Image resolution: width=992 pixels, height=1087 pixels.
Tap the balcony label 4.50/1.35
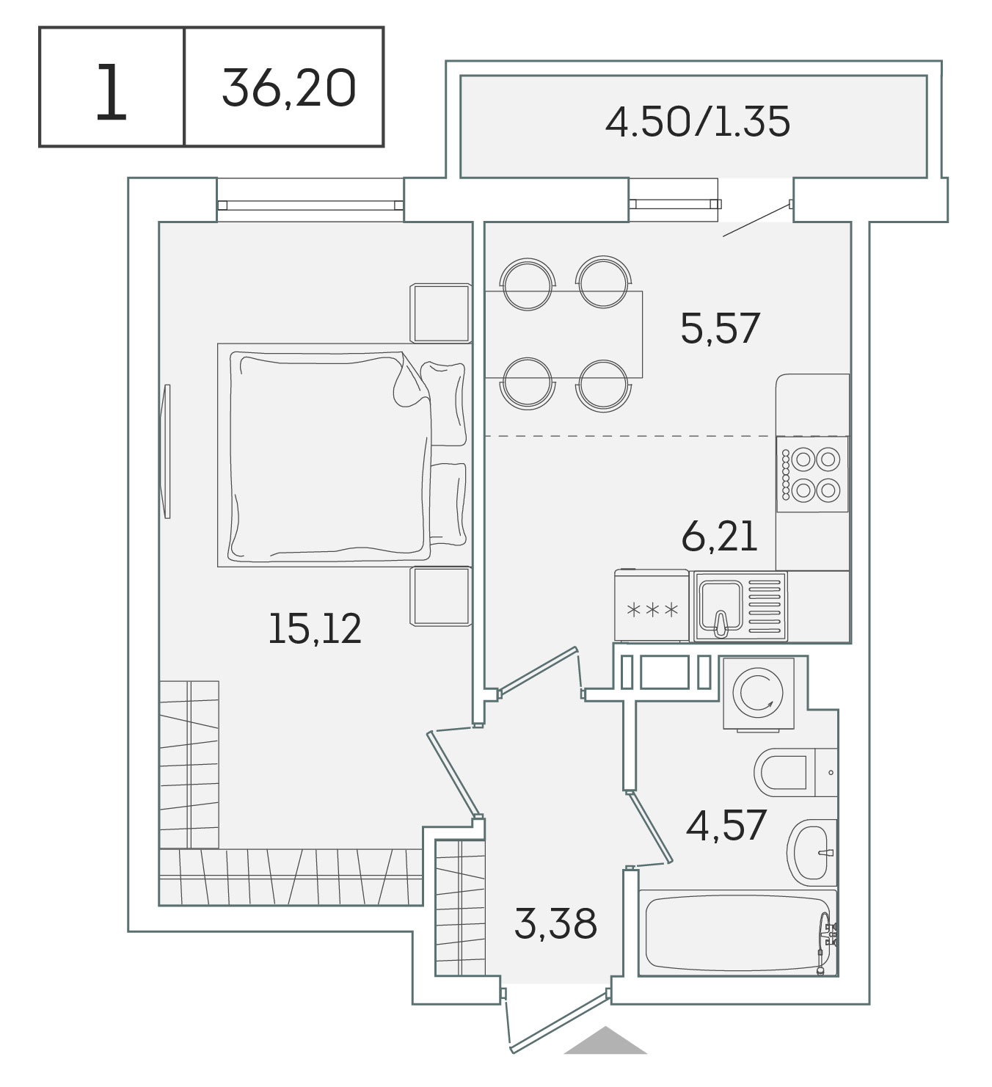(x=698, y=122)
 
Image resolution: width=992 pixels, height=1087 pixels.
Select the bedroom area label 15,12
(x=315, y=628)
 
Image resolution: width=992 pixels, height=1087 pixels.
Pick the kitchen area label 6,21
(x=719, y=537)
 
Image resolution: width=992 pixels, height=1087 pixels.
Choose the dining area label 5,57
(x=720, y=328)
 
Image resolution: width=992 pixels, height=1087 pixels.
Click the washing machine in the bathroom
(x=759, y=693)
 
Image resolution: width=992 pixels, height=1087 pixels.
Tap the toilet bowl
(x=795, y=772)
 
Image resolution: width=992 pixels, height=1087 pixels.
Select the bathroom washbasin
(x=812, y=852)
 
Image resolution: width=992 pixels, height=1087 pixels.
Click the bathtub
(x=738, y=933)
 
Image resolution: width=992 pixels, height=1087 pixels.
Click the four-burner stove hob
(x=812, y=474)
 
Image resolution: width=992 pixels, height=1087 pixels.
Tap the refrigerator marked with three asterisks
(x=652, y=606)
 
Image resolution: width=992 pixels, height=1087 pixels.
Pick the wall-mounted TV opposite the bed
(x=167, y=451)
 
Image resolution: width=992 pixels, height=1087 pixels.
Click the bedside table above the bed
(x=440, y=313)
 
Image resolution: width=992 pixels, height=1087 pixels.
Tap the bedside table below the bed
(x=440, y=596)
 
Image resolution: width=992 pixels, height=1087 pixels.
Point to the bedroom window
(x=310, y=205)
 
